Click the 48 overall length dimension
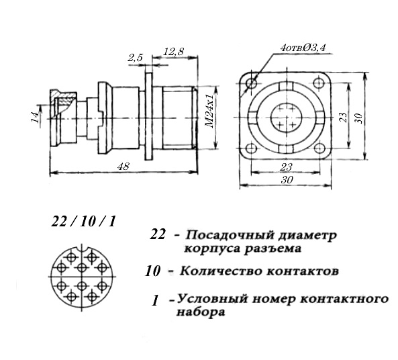click(x=123, y=167)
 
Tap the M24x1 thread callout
click(x=209, y=111)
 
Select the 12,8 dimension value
click(x=173, y=52)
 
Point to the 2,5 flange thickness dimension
click(x=135, y=58)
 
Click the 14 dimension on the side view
click(x=36, y=117)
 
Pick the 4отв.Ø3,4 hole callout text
click(x=303, y=48)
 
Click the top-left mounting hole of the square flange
click(x=252, y=83)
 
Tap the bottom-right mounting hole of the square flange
click(x=319, y=148)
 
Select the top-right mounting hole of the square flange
click(x=319, y=83)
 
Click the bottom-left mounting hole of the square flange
click(x=252, y=148)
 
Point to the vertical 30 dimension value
click(x=358, y=118)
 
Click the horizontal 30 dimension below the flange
click(x=287, y=179)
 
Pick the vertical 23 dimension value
click(x=343, y=117)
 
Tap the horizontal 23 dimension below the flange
click(x=286, y=167)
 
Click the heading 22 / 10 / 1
click(x=83, y=221)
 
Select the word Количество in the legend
click(x=221, y=271)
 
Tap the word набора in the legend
click(x=201, y=312)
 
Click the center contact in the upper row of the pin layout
click(x=81, y=267)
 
